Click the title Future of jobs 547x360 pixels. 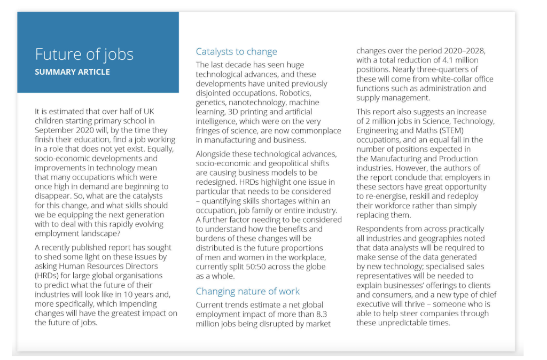(x=84, y=54)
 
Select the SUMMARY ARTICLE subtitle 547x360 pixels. (x=72, y=72)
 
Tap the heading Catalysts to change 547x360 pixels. (x=236, y=52)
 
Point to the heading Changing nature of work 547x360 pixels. (x=248, y=291)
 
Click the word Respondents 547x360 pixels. (x=382, y=229)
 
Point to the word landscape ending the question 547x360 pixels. (x=104, y=234)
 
